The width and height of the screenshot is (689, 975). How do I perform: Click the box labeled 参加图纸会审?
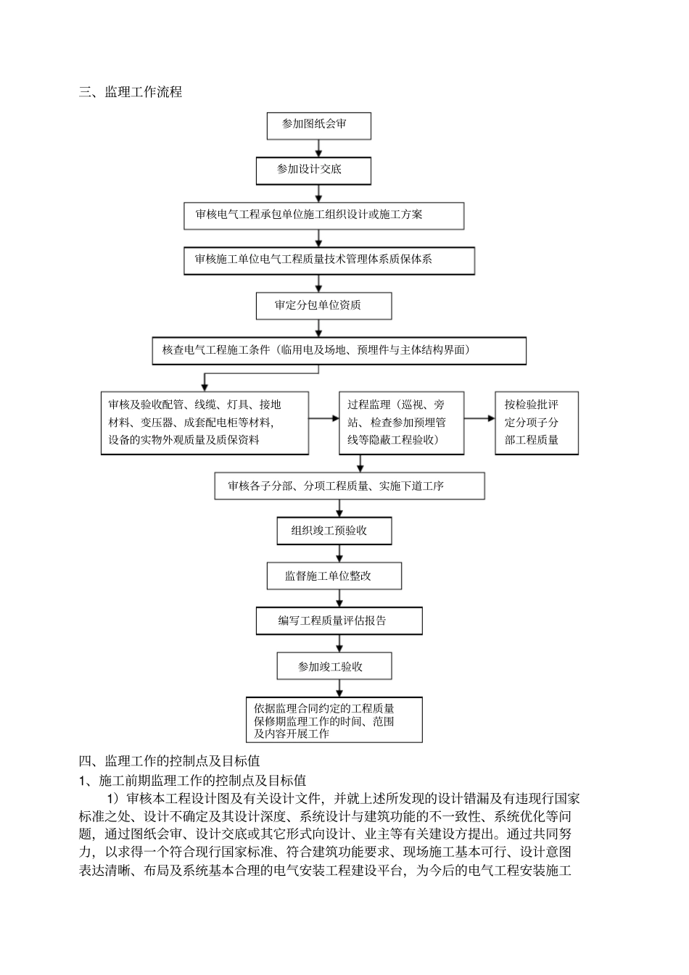tap(318, 125)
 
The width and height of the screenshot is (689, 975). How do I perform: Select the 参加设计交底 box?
tap(313, 170)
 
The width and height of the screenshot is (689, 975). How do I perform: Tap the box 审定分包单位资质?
tap(323, 305)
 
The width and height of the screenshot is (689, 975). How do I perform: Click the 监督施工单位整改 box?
tap(334, 576)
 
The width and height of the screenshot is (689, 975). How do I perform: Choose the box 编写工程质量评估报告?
tap(339, 621)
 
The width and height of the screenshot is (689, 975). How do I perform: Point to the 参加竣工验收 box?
tap(334, 666)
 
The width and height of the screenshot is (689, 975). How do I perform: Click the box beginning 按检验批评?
tap(537, 423)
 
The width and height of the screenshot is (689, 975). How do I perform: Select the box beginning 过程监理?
tap(401, 423)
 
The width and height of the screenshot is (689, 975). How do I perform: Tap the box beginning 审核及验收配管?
tap(205, 423)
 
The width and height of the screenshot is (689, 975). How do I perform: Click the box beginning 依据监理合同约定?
tap(334, 721)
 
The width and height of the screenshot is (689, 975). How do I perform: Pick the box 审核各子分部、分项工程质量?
tap(350, 486)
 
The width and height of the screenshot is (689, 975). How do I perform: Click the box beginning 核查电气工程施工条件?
tap(339, 351)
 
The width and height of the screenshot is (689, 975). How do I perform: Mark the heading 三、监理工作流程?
tap(131, 92)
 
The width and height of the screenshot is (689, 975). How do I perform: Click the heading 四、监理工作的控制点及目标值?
tap(170, 761)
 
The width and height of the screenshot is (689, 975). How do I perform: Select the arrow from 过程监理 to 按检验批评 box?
tap(479, 418)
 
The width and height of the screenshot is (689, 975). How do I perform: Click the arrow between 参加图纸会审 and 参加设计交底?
tap(318, 149)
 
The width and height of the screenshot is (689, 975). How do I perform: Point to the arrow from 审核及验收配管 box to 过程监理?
tap(323, 418)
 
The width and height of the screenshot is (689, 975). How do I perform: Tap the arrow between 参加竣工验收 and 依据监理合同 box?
tap(339, 688)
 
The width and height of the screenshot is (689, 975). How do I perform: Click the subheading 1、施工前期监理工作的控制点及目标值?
tap(192, 781)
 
